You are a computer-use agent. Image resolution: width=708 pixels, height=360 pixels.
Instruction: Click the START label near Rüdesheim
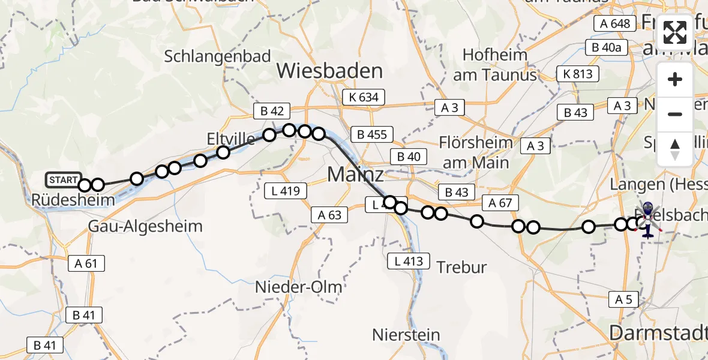point(63,179)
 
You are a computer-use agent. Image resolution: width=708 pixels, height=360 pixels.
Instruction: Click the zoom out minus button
point(675,114)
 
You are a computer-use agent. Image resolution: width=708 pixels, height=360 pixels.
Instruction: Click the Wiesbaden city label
point(329,71)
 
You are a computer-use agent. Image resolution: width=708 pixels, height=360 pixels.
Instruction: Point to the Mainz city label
point(355,175)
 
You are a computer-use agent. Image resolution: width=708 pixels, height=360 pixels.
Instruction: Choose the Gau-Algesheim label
point(145,226)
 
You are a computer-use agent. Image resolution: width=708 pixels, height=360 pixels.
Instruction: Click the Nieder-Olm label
point(299,287)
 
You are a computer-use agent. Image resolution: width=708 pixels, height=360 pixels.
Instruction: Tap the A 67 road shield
point(500,203)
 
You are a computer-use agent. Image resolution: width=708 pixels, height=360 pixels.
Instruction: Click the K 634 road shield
point(364,97)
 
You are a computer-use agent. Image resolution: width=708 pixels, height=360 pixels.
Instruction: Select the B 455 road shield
point(372,134)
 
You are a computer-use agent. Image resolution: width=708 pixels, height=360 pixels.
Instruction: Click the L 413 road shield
point(409,261)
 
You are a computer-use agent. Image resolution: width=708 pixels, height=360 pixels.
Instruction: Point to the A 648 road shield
point(614,23)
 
